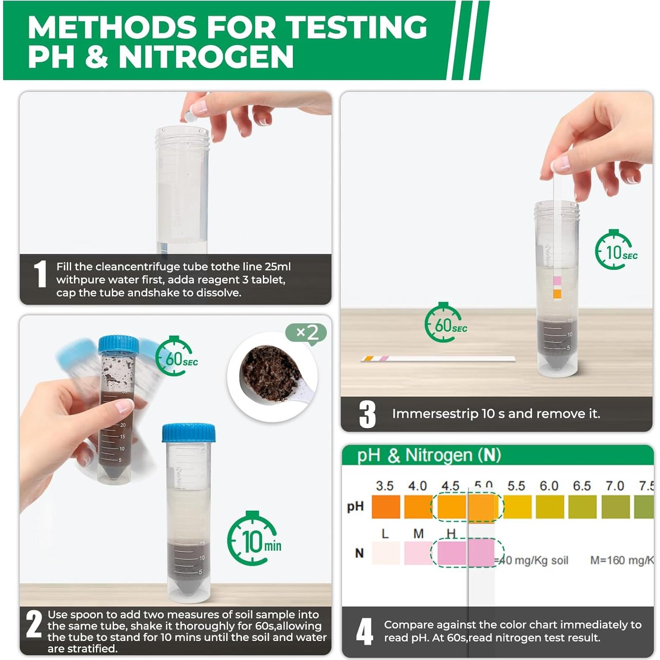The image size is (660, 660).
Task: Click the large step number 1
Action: (40, 274)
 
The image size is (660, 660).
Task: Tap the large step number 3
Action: (367, 414)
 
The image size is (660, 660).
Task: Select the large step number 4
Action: (364, 632)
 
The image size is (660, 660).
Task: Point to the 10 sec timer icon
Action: (615, 250)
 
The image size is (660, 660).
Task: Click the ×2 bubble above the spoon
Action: (307, 332)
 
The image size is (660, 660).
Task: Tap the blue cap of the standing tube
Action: (189, 433)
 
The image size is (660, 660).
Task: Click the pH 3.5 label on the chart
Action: (384, 486)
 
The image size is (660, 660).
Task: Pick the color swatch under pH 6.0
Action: (550, 507)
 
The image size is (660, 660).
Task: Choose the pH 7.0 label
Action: (614, 486)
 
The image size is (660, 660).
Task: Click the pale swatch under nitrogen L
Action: (386, 553)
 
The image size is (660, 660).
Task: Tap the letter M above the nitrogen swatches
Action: (418, 534)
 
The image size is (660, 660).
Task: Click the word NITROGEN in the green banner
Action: (206, 57)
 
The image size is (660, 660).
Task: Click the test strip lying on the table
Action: (437, 359)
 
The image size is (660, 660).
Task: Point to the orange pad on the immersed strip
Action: (557, 294)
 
